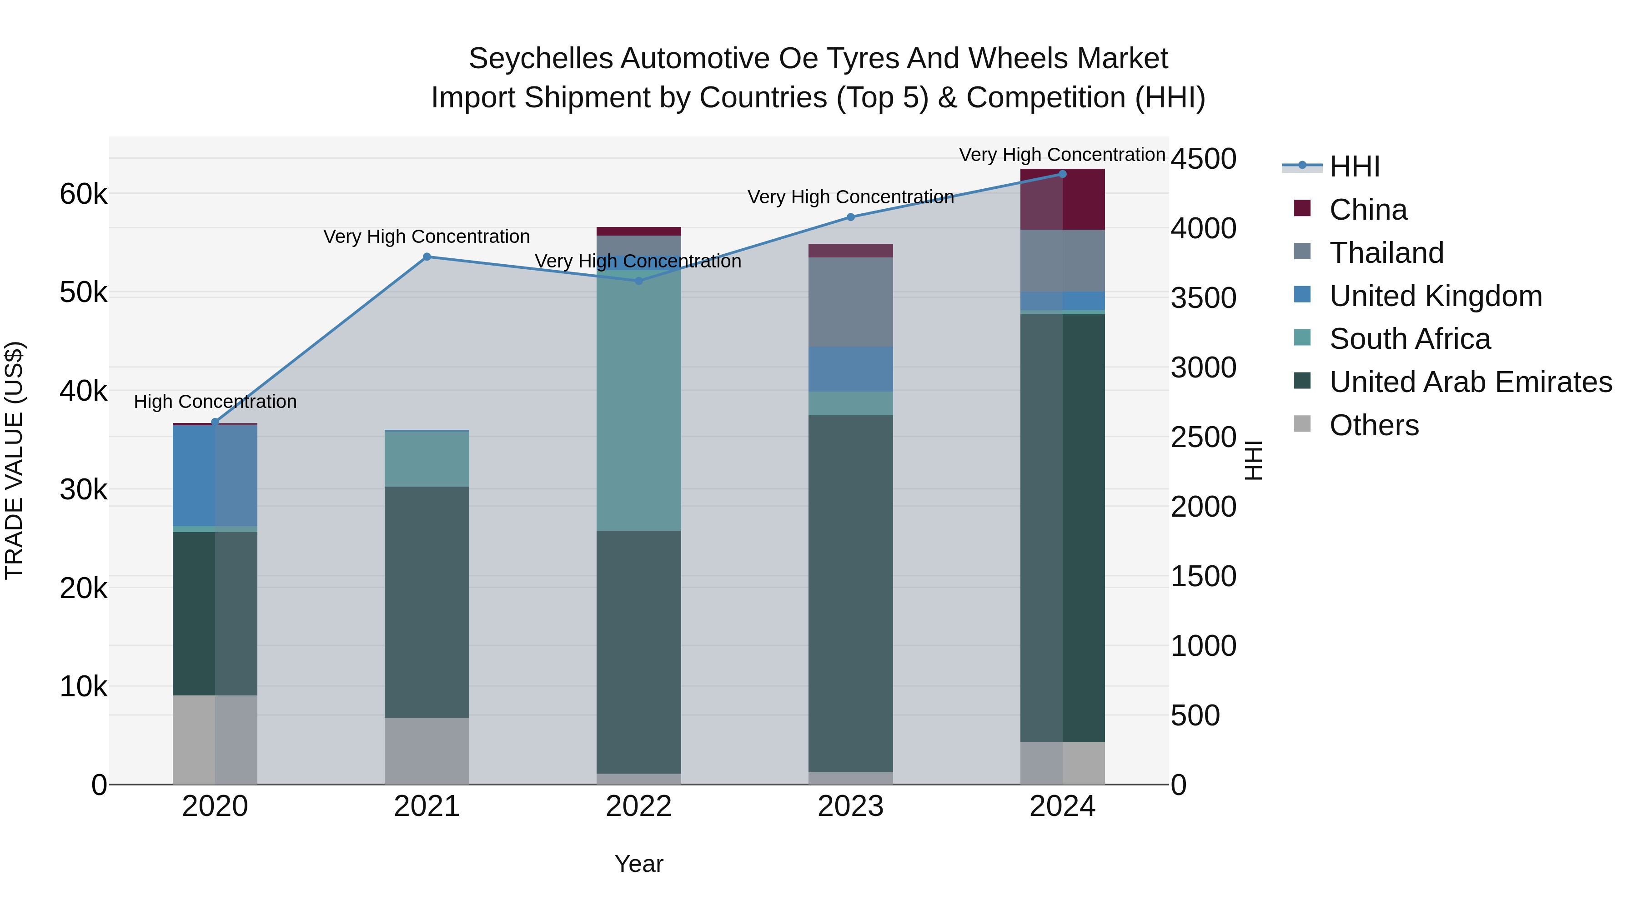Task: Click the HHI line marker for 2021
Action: (x=427, y=257)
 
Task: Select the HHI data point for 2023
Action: (x=850, y=217)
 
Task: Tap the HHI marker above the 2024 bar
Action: (x=1062, y=174)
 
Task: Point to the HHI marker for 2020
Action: (x=215, y=422)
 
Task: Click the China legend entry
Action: (x=1367, y=210)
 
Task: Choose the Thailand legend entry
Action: (x=1386, y=253)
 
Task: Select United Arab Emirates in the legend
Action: (x=1470, y=382)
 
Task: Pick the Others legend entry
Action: (x=1373, y=425)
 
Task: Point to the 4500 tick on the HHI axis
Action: (x=1203, y=158)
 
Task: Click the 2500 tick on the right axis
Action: (x=1203, y=437)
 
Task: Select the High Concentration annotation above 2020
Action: (x=215, y=402)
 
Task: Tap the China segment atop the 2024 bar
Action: (x=1062, y=199)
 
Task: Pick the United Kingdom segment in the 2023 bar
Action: (x=850, y=369)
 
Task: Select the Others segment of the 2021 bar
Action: (x=427, y=750)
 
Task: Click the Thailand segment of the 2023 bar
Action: (x=850, y=302)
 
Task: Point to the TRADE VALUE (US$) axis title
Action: (x=14, y=460)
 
